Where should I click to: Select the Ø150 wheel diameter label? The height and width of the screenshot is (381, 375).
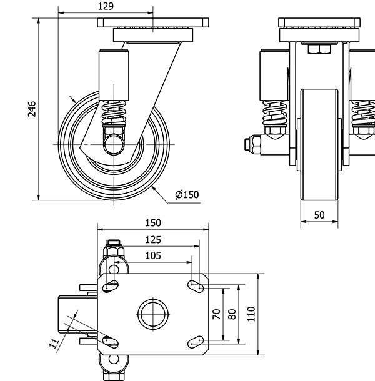pos(187,195)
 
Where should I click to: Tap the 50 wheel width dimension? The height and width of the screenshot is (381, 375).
pos(319,215)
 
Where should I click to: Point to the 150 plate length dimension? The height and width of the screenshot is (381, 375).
pos(152,223)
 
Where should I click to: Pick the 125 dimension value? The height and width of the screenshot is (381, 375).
pos(152,239)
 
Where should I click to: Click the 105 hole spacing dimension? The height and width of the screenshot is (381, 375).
pos(152,255)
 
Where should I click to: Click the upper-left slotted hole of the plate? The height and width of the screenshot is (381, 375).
pos(111,285)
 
